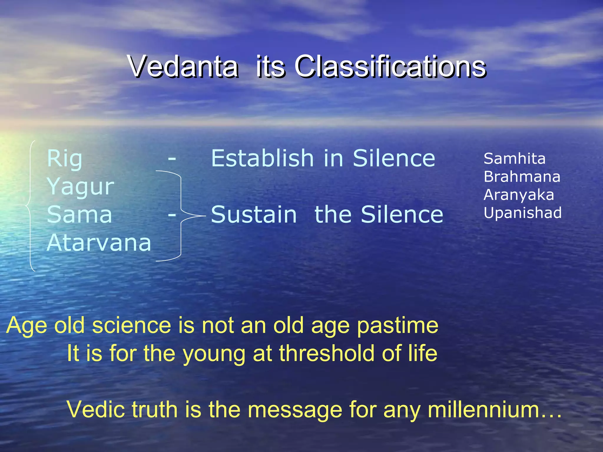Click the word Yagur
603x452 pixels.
tap(80, 187)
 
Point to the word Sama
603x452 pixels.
tap(79, 215)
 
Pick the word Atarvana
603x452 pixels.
tap(99, 243)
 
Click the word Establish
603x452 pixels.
tap(262, 158)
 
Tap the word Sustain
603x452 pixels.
tap(254, 215)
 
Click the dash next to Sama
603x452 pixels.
tap(172, 215)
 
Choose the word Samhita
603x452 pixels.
tap(514, 159)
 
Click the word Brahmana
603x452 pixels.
tap(522, 177)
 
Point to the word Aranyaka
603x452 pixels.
tap(518, 195)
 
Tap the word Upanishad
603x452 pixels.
tap(523, 213)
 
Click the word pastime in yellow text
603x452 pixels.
tap(397, 326)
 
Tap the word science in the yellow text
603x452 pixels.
tap(132, 325)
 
